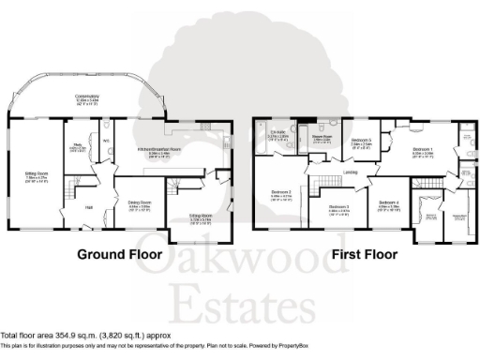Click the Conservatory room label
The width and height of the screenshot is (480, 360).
coord(87,96)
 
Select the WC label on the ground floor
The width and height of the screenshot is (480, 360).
coord(107,141)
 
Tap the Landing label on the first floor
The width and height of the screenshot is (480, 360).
coord(349,172)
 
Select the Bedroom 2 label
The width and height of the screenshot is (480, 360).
coord(281,193)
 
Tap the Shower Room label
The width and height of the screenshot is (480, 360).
coord(322,137)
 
